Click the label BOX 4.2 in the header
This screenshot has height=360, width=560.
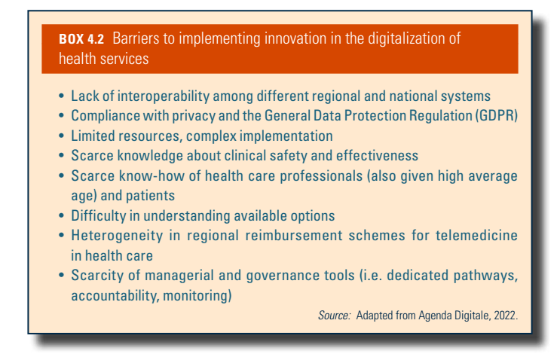click(81, 39)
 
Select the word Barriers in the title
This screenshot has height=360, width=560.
click(136, 38)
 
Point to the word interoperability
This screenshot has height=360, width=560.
click(164, 96)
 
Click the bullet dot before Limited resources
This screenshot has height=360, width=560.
click(62, 136)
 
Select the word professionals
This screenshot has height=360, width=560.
click(321, 176)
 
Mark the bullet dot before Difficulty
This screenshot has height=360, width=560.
click(62, 216)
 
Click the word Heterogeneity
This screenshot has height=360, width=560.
click(117, 236)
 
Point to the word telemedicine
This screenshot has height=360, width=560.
click(476, 236)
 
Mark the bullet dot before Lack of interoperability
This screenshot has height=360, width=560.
click(62, 96)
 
